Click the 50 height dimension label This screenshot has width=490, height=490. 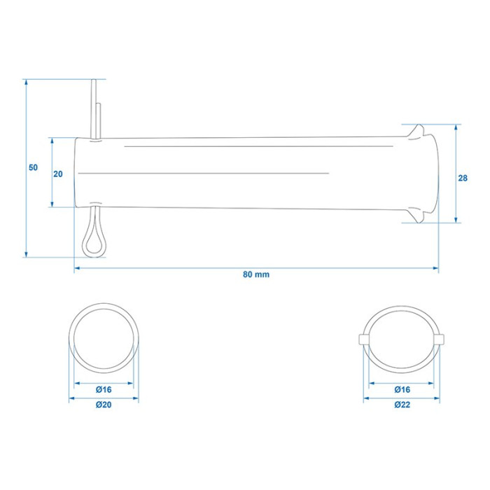click(x=33, y=167)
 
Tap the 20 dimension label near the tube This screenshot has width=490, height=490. click(x=58, y=174)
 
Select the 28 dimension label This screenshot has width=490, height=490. click(x=463, y=178)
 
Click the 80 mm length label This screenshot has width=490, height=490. click(x=256, y=274)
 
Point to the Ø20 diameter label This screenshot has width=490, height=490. click(x=104, y=405)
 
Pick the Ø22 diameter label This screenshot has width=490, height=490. click(x=402, y=405)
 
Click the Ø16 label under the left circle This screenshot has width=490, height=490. click(x=104, y=390)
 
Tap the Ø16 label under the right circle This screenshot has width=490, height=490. click(x=402, y=390)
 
